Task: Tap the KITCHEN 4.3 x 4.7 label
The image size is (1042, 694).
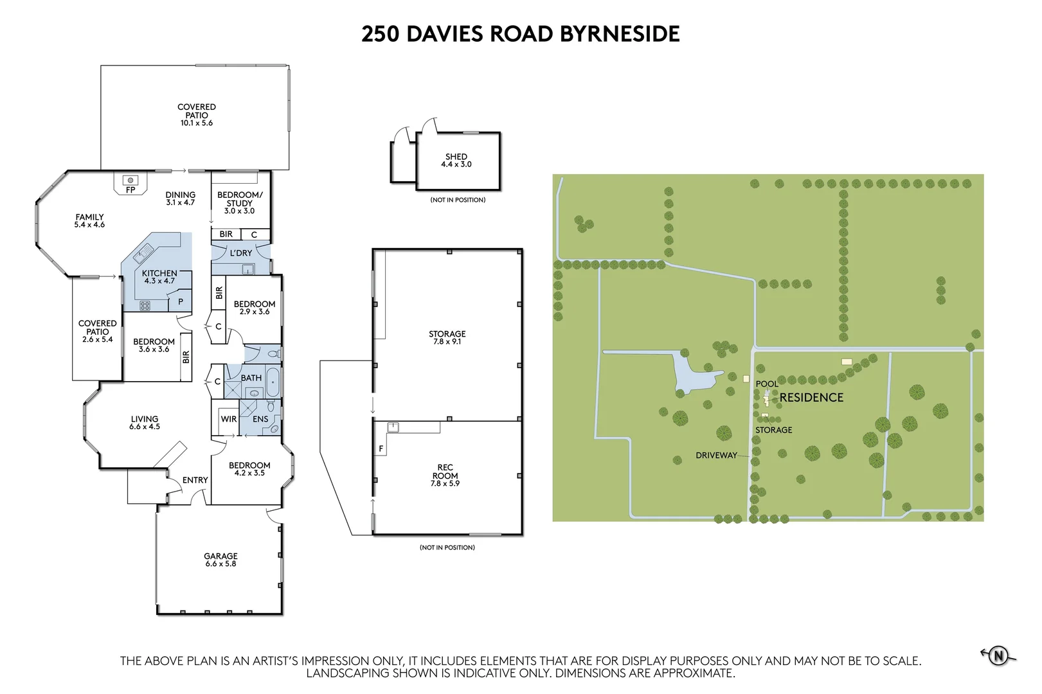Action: [159, 277]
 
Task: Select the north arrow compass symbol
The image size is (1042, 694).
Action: [998, 656]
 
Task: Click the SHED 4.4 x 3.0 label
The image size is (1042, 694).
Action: [456, 161]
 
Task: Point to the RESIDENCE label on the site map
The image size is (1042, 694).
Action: [811, 398]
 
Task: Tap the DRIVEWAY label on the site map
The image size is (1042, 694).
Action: [716, 456]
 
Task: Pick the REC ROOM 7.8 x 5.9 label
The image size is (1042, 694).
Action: [445, 476]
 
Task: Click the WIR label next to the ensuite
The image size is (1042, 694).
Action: [229, 419]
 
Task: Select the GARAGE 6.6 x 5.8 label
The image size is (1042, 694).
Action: [220, 560]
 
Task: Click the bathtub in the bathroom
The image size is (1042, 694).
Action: [273, 382]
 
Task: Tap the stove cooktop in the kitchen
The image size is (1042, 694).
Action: [145, 306]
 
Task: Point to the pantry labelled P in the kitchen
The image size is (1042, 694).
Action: [181, 301]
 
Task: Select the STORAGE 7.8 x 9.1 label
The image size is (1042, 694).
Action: [447, 337]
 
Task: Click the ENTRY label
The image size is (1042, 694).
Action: [195, 480]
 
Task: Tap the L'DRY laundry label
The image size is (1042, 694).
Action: [241, 253]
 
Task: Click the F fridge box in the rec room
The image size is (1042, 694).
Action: [381, 449]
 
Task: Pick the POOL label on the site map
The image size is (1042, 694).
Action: [767, 384]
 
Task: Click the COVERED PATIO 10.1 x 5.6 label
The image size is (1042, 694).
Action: [197, 115]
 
